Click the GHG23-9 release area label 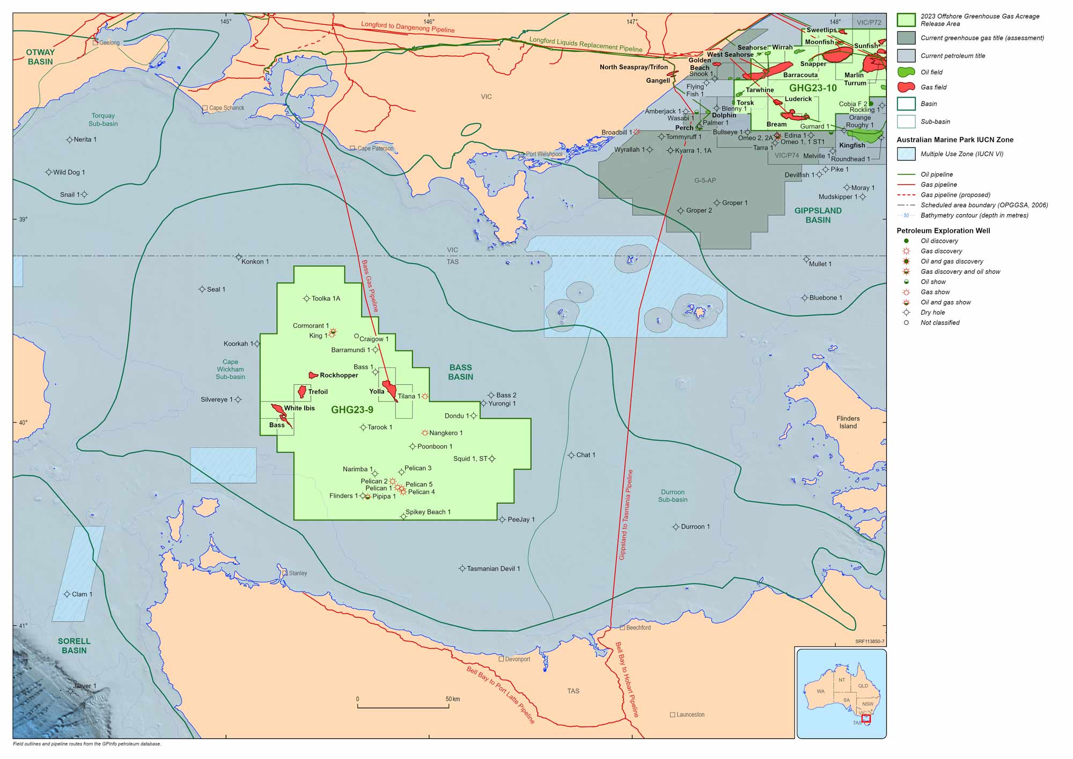tap(352, 410)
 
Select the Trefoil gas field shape tap(302, 391)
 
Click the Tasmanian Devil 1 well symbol tap(462, 568)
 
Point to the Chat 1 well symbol tap(571, 455)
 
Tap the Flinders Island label tap(848, 422)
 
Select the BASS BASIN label tap(460, 372)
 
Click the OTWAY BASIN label tap(40, 57)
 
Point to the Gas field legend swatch tap(906, 87)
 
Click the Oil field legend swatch tap(906, 72)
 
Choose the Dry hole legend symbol tap(906, 312)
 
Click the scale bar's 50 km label tap(452, 699)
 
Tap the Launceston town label tap(690, 715)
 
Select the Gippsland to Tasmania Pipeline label tap(626, 515)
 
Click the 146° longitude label tap(429, 21)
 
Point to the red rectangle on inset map tap(866, 718)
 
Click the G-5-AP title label tap(705, 180)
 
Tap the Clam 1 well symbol tap(67, 594)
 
